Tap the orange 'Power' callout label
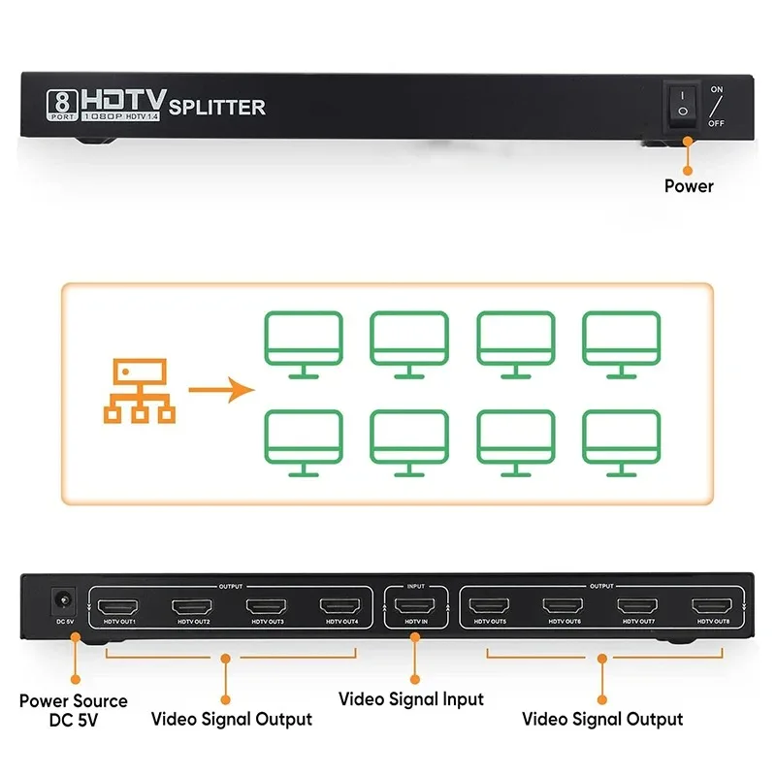point(689,185)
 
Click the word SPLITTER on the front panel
point(216,107)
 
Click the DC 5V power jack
point(63,601)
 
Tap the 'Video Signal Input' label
point(410,698)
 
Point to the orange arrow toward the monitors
point(221,391)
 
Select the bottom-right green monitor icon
point(621,442)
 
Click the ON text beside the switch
point(717,89)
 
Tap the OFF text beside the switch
point(716,123)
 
